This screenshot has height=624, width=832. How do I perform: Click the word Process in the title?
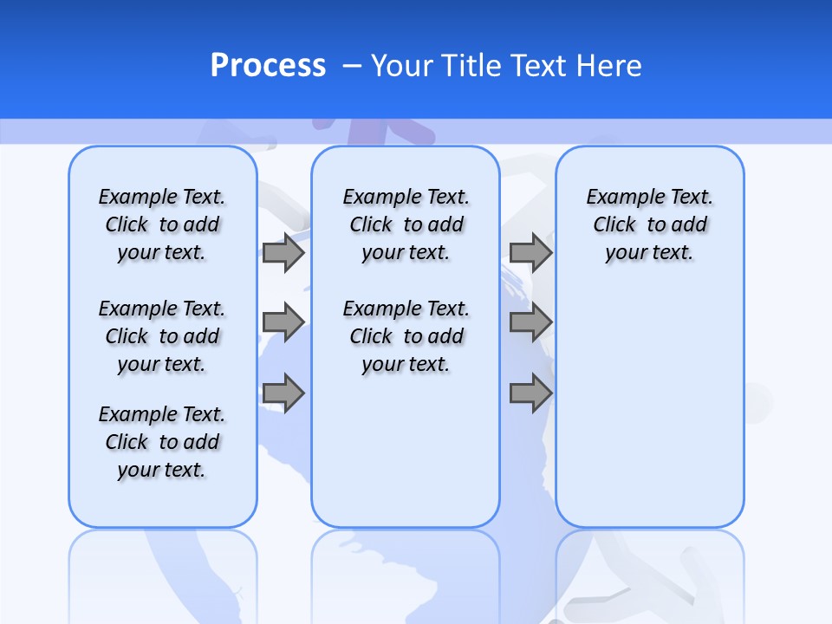coord(268,66)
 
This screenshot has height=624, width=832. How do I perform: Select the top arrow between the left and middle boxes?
coord(283,253)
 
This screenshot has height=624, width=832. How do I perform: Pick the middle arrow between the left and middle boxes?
coord(283,323)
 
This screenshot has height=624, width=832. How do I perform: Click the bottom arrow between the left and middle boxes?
coord(283,393)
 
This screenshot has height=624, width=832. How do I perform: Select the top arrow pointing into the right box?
coord(530,253)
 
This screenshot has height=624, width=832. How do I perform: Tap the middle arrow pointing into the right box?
coord(530,323)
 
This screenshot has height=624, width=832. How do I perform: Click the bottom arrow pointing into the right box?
coord(530,393)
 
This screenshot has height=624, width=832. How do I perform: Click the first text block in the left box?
coord(162,224)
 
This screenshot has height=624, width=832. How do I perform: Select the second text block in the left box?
coord(162,336)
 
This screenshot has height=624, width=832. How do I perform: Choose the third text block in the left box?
coord(162,442)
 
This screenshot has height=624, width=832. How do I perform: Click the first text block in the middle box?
coord(406,224)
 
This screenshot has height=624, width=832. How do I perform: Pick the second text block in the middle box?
coord(406,336)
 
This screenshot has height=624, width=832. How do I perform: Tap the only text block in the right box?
coord(649,224)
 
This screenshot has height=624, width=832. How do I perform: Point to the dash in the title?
coord(353,66)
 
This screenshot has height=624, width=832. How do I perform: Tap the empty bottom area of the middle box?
coord(406,459)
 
